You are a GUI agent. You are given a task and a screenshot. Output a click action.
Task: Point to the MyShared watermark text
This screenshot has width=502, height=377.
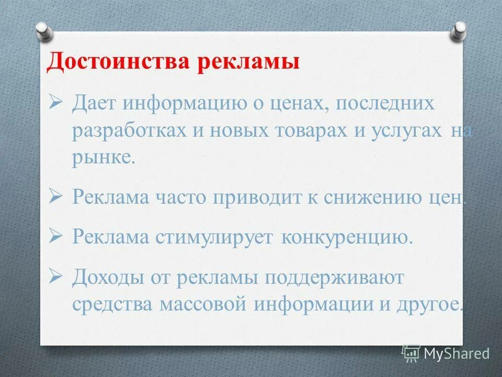tap(457, 353)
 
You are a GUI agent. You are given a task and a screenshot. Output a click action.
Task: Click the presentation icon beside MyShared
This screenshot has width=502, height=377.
tap(411, 353)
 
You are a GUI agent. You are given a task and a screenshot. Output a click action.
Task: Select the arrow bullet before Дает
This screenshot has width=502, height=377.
tap(55, 103)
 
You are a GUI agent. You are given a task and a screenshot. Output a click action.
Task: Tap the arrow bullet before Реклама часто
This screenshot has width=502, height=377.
tap(55, 197)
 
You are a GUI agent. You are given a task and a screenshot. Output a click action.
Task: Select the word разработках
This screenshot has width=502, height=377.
tap(128, 131)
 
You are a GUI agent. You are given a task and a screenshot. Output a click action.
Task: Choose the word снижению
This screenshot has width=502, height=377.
tap(376, 197)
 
